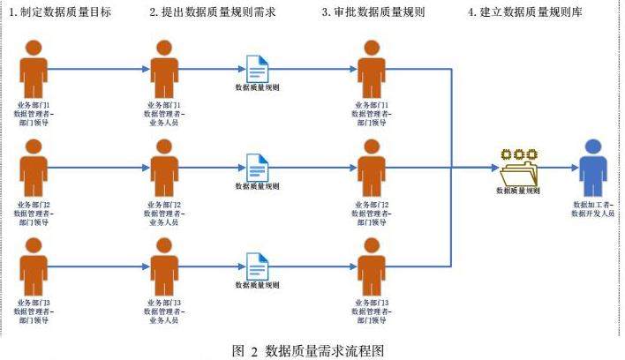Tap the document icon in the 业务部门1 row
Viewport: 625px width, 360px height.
coord(257,67)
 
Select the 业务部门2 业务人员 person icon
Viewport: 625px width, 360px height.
coord(163,167)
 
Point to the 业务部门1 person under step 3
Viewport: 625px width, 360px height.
coord(371,67)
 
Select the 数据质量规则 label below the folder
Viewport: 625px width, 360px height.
coord(518,190)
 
